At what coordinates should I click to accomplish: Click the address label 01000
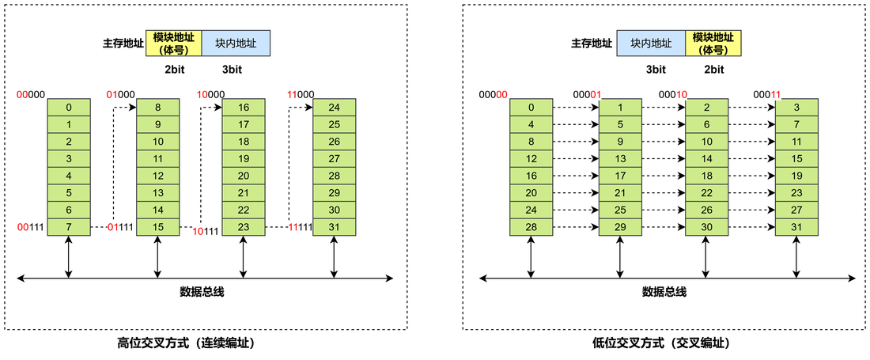(x=120, y=94)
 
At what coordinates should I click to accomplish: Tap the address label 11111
(x=301, y=227)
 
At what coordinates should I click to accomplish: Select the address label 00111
(x=31, y=227)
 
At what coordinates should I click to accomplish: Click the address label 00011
(x=767, y=94)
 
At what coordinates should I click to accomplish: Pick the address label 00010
(x=672, y=94)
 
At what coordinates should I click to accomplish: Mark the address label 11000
(x=301, y=94)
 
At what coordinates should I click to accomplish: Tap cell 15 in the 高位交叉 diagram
(x=157, y=227)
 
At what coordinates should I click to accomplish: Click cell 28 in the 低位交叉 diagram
(x=531, y=227)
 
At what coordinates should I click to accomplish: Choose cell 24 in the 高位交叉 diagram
(x=334, y=107)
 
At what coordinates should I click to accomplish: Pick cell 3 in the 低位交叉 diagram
(x=796, y=107)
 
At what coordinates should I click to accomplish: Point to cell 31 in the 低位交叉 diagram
(x=796, y=227)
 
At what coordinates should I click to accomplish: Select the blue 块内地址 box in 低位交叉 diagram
(x=651, y=44)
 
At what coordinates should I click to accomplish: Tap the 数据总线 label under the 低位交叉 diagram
(x=664, y=291)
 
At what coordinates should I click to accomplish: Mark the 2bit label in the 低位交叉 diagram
(x=713, y=70)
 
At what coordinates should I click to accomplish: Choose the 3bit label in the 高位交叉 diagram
(x=232, y=70)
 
